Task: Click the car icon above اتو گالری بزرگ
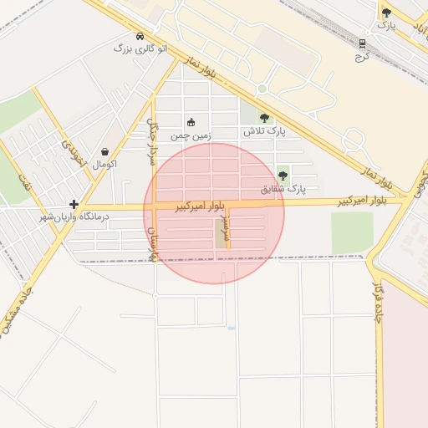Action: click(140, 36)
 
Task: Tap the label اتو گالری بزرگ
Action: click(140, 48)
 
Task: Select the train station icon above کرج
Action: click(362, 43)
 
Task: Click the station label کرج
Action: click(361, 57)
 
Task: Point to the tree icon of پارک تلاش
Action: click(265, 118)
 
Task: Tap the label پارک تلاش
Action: click(260, 132)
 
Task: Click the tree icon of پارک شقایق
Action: click(283, 176)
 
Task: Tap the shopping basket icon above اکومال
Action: click(104, 151)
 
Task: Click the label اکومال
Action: click(105, 164)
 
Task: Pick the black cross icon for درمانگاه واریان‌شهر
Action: click(74, 203)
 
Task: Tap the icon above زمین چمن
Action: click(191, 122)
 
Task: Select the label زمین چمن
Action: click(191, 135)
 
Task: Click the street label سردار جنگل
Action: click(153, 134)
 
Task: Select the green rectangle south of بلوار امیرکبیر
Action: click(351, 232)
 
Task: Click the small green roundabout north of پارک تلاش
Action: click(262, 89)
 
